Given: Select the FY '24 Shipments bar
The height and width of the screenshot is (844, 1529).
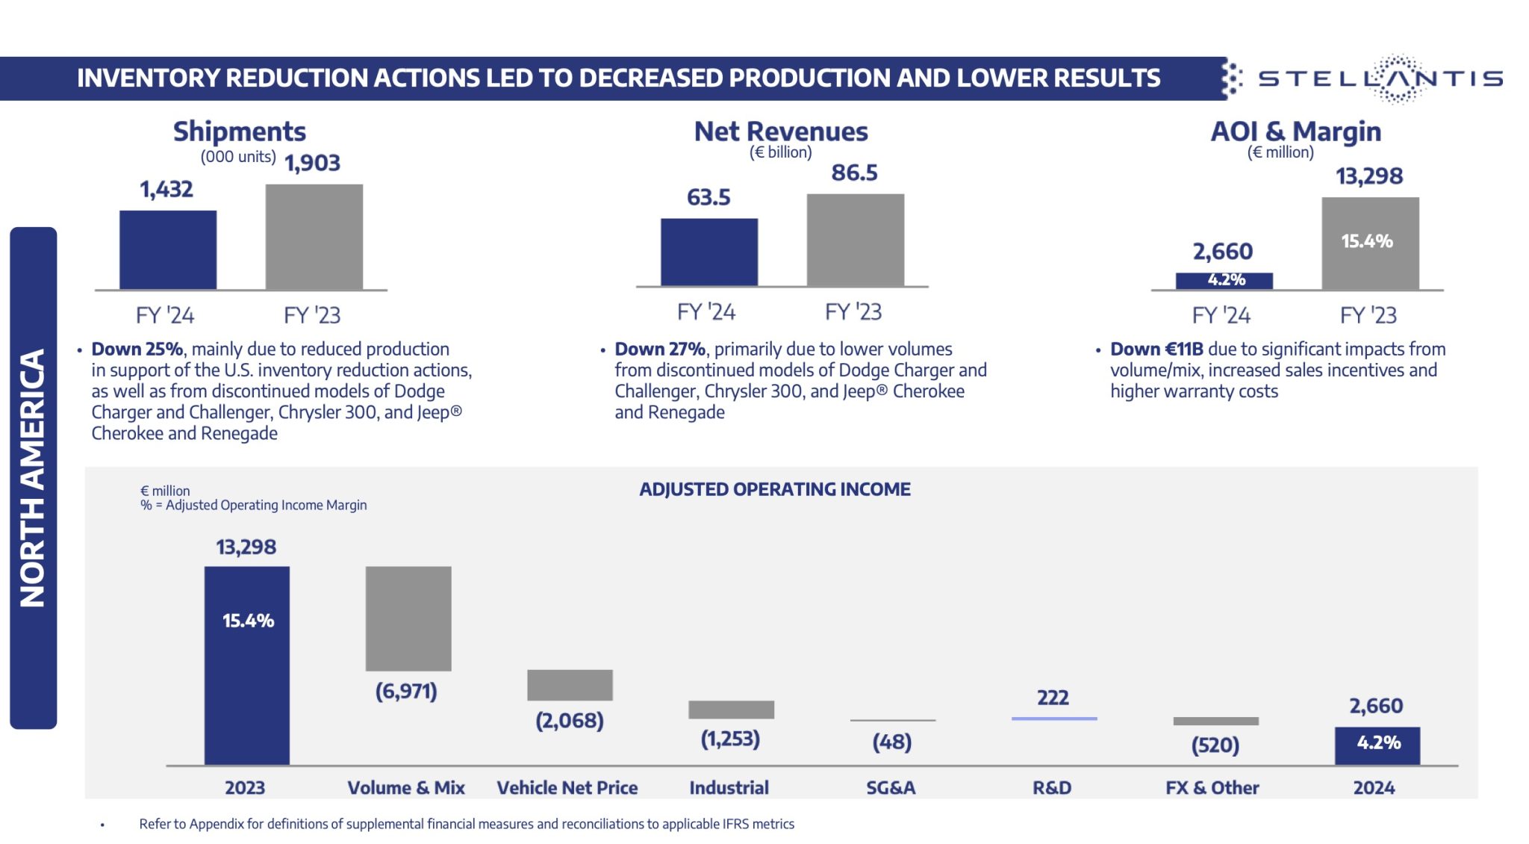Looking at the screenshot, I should (x=168, y=250).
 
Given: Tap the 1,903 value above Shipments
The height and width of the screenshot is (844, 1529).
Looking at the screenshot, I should (x=312, y=163).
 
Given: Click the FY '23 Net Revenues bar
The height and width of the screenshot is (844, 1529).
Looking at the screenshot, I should (x=855, y=241).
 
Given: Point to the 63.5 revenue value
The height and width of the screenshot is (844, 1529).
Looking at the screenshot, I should (x=709, y=198).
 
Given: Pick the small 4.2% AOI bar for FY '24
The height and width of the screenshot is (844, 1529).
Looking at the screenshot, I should (x=1224, y=280).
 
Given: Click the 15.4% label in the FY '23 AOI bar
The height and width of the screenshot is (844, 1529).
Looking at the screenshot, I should (x=1366, y=241).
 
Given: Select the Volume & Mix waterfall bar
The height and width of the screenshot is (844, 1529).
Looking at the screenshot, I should (x=408, y=618).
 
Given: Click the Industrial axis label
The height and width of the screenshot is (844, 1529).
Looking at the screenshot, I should (x=729, y=788).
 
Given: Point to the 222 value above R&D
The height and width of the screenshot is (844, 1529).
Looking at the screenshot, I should (x=1053, y=698).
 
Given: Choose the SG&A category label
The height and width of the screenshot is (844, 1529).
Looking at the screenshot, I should (x=891, y=788).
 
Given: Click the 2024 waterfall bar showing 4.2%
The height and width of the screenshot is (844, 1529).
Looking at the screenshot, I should (x=1377, y=745).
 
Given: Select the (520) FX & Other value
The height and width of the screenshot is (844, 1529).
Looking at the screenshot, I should (x=1215, y=745).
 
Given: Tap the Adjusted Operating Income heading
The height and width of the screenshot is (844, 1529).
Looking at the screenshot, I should (x=774, y=489).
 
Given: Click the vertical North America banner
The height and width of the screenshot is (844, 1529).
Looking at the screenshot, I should (x=33, y=478).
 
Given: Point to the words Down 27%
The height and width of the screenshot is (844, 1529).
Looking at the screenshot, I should (x=660, y=349).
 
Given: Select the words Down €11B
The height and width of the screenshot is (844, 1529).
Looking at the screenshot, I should (x=1156, y=349).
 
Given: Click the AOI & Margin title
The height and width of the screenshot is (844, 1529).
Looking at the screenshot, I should (x=1295, y=131).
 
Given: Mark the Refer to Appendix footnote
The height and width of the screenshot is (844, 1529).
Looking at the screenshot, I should (x=466, y=824).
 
